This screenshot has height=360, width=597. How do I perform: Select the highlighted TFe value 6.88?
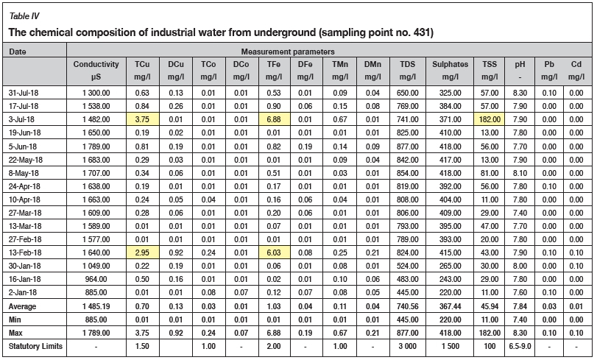[275, 119]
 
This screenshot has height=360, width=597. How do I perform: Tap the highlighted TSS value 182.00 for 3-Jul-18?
[485, 119]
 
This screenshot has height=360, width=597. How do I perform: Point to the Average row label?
[22, 306]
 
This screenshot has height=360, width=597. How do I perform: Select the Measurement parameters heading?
[289, 52]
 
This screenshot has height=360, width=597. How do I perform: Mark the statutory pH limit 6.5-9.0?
[519, 346]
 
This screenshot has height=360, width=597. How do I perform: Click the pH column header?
[519, 65]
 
